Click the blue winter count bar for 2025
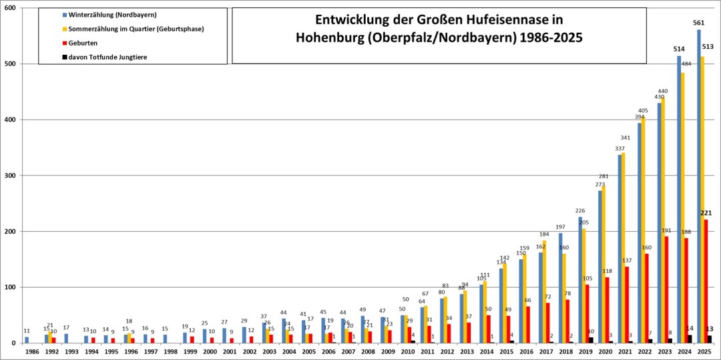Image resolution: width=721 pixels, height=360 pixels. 699,186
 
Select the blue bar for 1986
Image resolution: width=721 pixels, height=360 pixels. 27,340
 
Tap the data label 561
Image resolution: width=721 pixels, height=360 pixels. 699,23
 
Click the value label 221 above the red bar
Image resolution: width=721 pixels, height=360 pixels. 706,213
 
